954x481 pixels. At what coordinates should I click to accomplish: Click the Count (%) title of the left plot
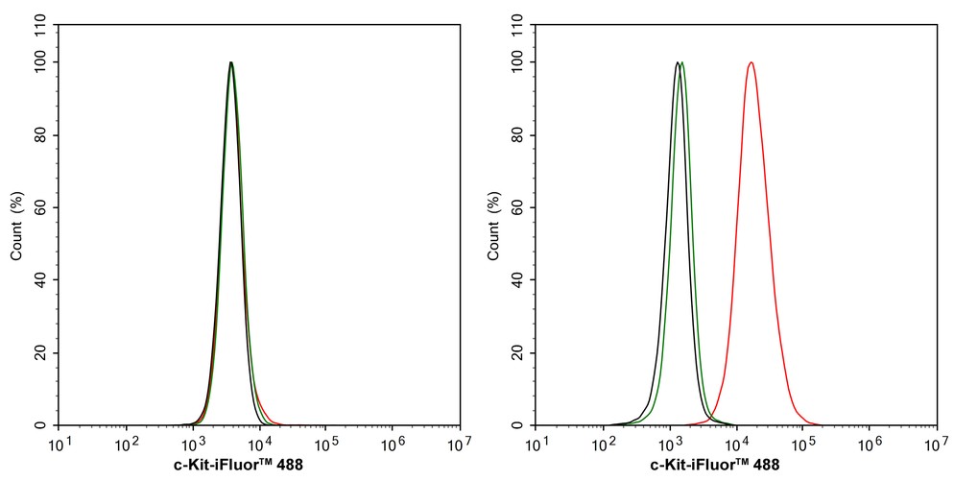16,226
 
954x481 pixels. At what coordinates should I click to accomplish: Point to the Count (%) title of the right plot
493,226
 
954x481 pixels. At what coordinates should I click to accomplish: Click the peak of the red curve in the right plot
751,62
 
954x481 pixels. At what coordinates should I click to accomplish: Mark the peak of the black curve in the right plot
677,63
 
